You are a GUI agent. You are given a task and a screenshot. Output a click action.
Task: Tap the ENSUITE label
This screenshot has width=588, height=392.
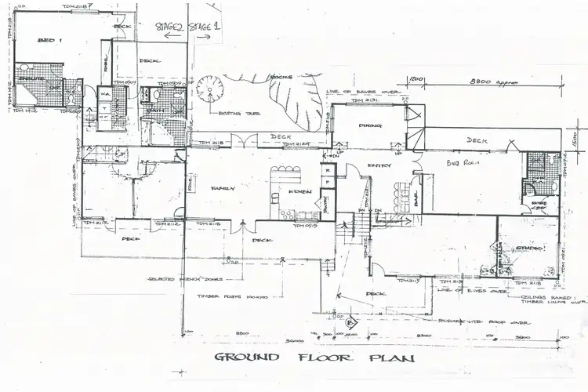tap(31, 81)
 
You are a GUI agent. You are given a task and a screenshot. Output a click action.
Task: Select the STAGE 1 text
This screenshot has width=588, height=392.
tap(205, 27)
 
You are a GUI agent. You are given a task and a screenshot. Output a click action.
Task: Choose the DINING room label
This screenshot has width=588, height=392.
tap(369, 125)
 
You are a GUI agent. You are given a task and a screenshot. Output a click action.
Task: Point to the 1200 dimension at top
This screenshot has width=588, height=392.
tap(416, 80)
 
